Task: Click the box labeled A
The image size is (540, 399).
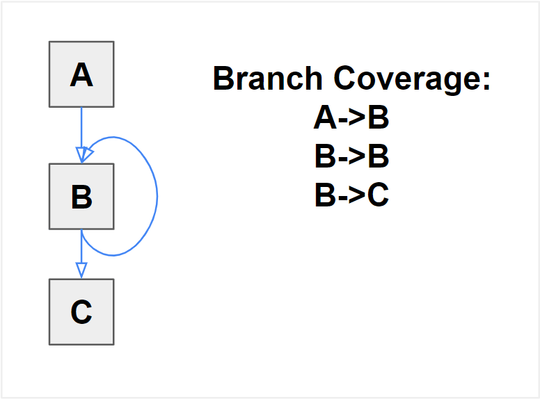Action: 81,74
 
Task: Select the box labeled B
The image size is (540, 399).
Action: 81,197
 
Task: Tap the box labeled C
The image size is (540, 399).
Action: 81,312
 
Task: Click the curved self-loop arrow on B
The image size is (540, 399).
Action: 156,195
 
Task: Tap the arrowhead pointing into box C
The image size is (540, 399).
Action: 81,270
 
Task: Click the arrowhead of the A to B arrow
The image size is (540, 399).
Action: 81,154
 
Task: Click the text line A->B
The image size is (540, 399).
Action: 351,118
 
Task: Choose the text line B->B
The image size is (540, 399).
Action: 351,157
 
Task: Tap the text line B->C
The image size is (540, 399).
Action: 351,196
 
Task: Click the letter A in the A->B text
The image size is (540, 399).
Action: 325,118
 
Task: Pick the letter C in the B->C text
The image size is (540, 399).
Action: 378,196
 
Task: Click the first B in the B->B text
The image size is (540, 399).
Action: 326,157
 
